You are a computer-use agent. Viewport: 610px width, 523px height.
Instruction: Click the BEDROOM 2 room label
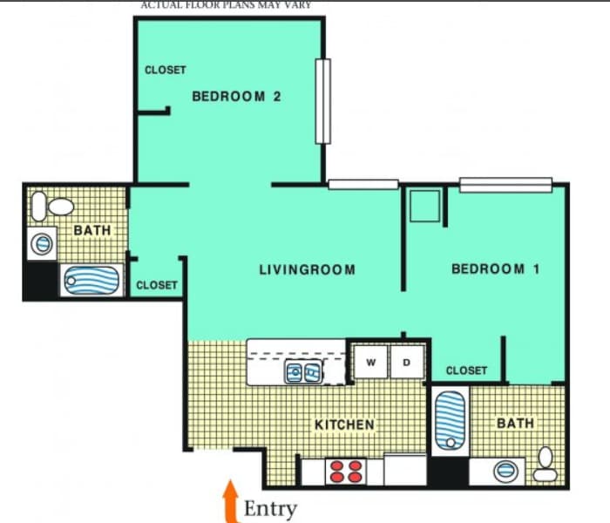(x=236, y=97)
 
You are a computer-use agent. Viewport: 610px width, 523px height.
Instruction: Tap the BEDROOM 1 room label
(x=495, y=269)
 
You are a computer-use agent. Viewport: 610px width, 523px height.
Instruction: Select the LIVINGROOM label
(x=307, y=269)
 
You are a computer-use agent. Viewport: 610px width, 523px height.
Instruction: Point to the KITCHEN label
(x=344, y=425)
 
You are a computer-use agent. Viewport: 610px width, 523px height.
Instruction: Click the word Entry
(x=270, y=509)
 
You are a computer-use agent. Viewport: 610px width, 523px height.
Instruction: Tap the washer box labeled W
(x=370, y=362)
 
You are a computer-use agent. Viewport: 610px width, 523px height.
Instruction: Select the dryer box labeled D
(x=406, y=362)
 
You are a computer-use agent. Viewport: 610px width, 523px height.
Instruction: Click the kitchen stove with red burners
(x=345, y=472)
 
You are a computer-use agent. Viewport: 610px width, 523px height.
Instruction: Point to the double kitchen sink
(x=304, y=373)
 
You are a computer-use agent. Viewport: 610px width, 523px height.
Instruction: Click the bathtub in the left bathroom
(x=91, y=281)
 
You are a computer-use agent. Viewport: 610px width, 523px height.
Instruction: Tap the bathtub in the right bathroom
(x=451, y=421)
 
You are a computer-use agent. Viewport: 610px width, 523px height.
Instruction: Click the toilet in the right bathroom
(x=546, y=464)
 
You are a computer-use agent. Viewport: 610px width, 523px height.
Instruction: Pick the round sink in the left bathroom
(x=42, y=244)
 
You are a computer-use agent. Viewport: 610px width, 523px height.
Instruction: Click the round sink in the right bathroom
(x=505, y=472)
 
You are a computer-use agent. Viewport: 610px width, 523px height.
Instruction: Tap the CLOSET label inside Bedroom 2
(x=166, y=70)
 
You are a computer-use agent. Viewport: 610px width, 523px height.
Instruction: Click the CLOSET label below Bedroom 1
(x=466, y=370)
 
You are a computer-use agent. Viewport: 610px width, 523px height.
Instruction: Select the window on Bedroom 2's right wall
(x=323, y=101)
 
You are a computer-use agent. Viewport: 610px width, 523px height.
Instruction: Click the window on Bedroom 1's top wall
(x=505, y=184)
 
